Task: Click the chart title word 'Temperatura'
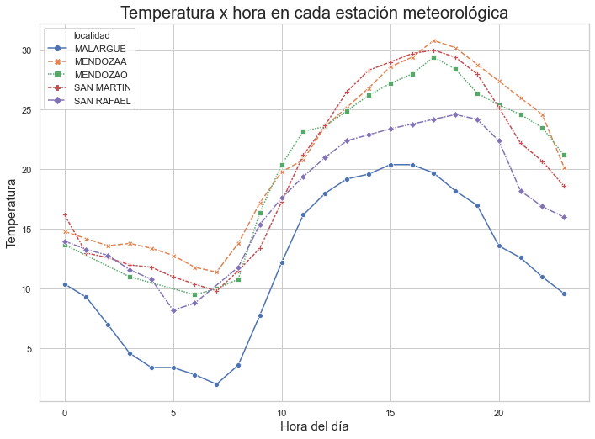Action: (x=167, y=13)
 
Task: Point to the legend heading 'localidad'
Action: (x=92, y=35)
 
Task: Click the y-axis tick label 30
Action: (x=27, y=50)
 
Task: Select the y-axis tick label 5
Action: (x=29, y=349)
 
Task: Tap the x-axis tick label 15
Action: (x=390, y=413)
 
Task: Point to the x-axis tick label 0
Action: (x=65, y=413)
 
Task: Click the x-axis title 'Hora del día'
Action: (x=314, y=426)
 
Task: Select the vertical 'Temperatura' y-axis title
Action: (x=11, y=214)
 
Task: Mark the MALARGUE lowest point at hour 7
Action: (x=216, y=385)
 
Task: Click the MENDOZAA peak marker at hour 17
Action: (x=433, y=41)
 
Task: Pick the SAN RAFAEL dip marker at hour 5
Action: (x=174, y=311)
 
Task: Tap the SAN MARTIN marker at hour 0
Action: (x=65, y=215)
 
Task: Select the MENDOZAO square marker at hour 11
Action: (x=303, y=131)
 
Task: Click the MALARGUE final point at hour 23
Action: (x=564, y=294)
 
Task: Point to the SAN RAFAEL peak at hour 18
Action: (x=456, y=114)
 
